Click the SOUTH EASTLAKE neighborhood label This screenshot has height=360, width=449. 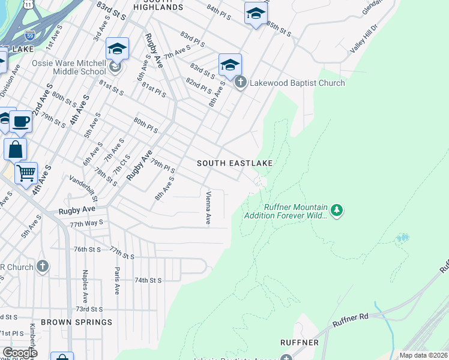point(235,163)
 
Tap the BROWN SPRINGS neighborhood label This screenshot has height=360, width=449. point(76,322)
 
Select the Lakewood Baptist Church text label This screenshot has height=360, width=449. point(297,83)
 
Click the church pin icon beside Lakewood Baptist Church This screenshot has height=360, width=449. point(241,83)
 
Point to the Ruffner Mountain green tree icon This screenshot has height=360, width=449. point(337,211)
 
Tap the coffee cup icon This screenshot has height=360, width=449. point(21,122)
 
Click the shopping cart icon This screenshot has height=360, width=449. point(26,173)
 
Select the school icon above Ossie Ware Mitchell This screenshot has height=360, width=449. point(118,49)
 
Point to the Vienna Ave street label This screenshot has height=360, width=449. point(208,208)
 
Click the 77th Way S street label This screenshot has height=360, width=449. point(86,224)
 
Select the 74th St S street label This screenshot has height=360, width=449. point(148,280)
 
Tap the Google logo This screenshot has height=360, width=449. point(20,353)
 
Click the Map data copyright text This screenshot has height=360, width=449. point(423,355)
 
